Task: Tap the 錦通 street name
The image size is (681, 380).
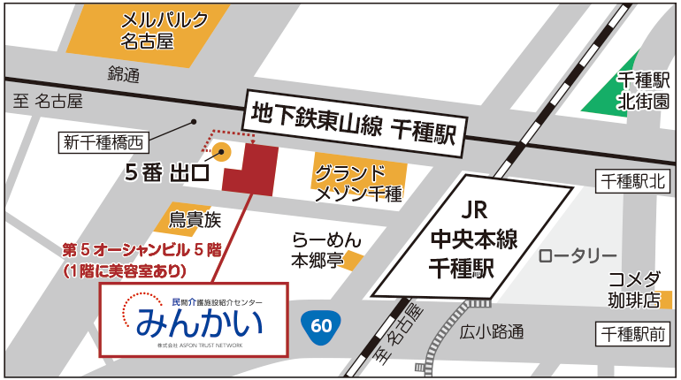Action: click(x=124, y=75)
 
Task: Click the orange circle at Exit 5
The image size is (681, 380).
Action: click(x=223, y=151)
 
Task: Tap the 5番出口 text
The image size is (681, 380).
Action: click(x=165, y=172)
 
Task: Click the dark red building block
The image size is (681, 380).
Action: click(x=251, y=168)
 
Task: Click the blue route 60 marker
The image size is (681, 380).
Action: click(x=321, y=325)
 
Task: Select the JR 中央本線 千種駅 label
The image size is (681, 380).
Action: click(x=473, y=239)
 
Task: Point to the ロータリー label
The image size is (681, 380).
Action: click(x=578, y=256)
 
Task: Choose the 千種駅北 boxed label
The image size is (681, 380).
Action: click(x=632, y=181)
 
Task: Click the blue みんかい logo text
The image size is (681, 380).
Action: click(x=199, y=321)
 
